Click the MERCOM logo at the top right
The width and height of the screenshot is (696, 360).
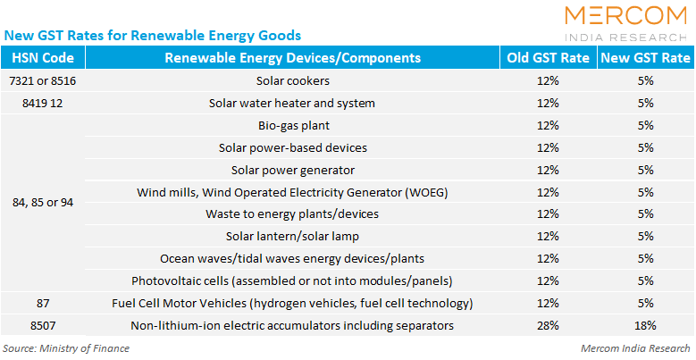pyautogui.click(x=626, y=23)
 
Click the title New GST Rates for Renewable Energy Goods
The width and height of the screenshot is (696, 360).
pyautogui.click(x=152, y=36)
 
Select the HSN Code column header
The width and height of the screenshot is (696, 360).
pyautogui.click(x=43, y=58)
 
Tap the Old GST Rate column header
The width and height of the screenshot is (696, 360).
pyautogui.click(x=549, y=58)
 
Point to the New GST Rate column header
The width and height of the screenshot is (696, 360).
pyautogui.click(x=645, y=58)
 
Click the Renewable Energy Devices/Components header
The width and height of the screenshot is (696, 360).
pyautogui.click(x=293, y=58)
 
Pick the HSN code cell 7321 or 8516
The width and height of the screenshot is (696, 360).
pyautogui.click(x=43, y=80)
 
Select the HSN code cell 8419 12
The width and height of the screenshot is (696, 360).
pyautogui.click(x=43, y=103)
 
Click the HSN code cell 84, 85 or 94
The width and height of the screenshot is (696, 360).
pyautogui.click(x=43, y=203)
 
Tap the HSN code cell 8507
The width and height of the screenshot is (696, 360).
pyautogui.click(x=43, y=325)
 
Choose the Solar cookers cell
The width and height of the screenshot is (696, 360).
pyautogui.click(x=293, y=80)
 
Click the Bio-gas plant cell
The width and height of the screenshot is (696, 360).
pyautogui.click(x=294, y=126)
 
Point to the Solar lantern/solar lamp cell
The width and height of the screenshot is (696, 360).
pyautogui.click(x=292, y=236)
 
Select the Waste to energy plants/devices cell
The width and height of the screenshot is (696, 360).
pyautogui.click(x=292, y=214)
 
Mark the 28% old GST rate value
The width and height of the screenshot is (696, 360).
pyautogui.click(x=548, y=325)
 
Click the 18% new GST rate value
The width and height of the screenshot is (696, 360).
pyautogui.click(x=645, y=325)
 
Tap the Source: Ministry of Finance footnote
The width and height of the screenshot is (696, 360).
pyautogui.click(x=66, y=348)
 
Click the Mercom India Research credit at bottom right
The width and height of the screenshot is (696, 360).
pyautogui.click(x=635, y=348)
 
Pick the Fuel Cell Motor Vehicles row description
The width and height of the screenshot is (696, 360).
pyautogui.click(x=292, y=303)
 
